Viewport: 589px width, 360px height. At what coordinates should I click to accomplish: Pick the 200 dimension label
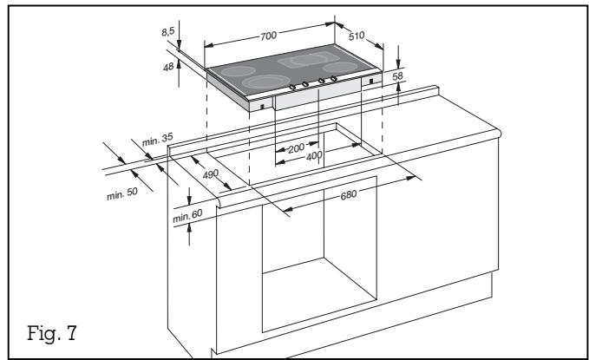[297, 148]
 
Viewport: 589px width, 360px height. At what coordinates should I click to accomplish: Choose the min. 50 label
[122, 193]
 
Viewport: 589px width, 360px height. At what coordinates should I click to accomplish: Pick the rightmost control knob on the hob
[333, 80]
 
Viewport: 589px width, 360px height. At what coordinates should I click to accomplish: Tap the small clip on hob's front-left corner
[261, 108]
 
